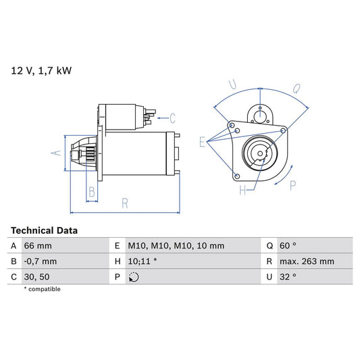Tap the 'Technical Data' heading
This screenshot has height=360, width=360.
pos(44,230)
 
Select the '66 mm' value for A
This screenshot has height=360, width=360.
pos(38,246)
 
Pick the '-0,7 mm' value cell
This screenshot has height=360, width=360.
pos(41,261)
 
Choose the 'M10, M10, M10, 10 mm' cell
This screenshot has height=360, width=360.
pos(176,246)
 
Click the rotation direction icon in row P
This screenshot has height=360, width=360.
pos(134,277)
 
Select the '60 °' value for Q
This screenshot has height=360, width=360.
pos(290,246)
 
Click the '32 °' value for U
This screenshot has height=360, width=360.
pos(290,277)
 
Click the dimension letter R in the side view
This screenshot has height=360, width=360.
pos(126,202)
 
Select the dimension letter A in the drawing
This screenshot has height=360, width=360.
pos(57,153)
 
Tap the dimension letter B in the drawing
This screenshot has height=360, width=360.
pos(92,191)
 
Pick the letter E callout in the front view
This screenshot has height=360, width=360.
pos(201,141)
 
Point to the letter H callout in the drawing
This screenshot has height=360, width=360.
pos(242,190)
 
